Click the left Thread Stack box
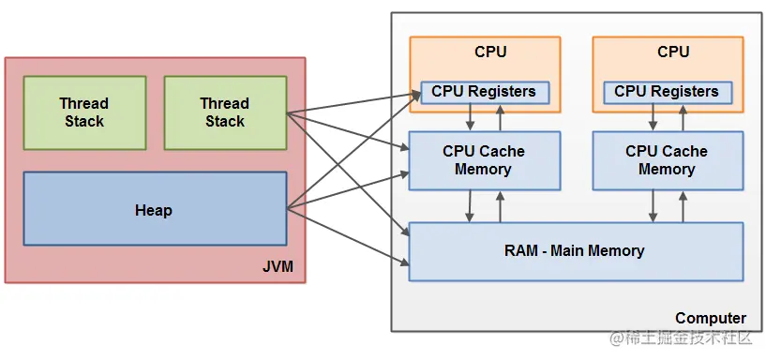pos(84,112)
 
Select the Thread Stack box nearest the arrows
pos(225,112)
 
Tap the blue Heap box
pos(154,209)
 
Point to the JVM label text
pos(278,267)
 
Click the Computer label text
pos(711,318)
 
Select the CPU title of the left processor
pos(490,52)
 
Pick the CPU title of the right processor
pos(673,52)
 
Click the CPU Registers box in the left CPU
pos(484,92)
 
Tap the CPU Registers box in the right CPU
pos(667,92)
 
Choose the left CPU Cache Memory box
pos(484,160)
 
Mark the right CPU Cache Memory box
pos(667,160)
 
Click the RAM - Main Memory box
pos(576,250)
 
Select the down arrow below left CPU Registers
pos(470,117)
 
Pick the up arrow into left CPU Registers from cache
pos(500,117)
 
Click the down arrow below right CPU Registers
pos(653,117)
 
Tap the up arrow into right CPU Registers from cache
pos(683,117)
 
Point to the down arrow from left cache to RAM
pos(470,205)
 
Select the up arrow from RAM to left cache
pos(500,205)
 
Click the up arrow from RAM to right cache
pos(683,205)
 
